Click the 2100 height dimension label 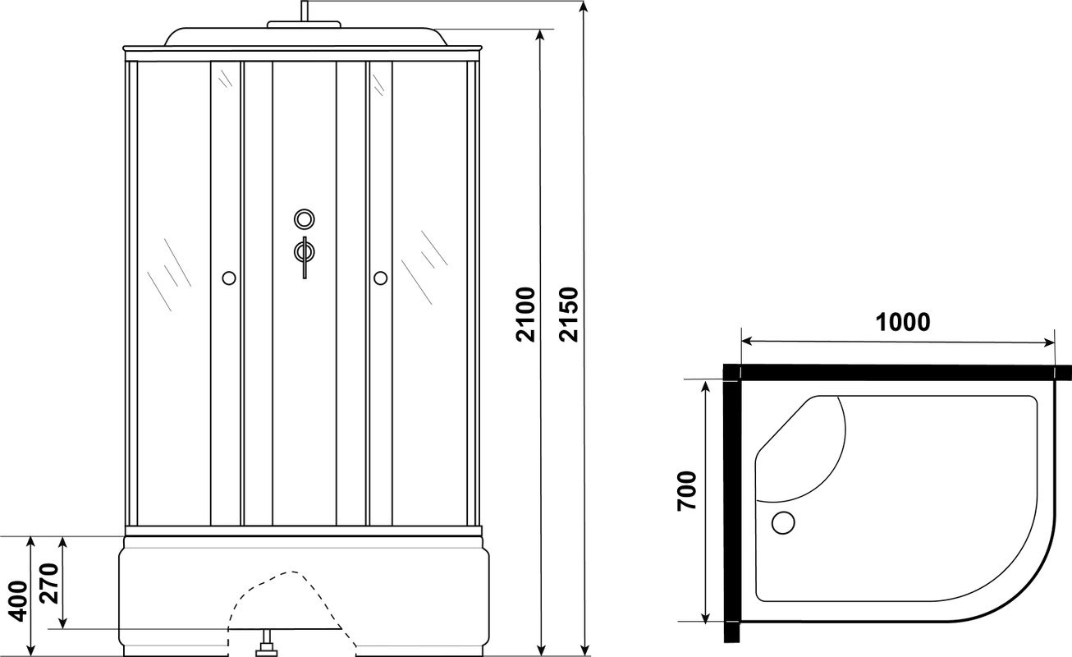(525, 315)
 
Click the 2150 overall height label (569, 315)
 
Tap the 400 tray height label (19, 601)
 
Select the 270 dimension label (49, 584)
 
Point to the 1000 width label (903, 322)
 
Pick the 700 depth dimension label (687, 491)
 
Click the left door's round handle (229, 278)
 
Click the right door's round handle (381, 278)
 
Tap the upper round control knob (305, 219)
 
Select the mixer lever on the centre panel (305, 257)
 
